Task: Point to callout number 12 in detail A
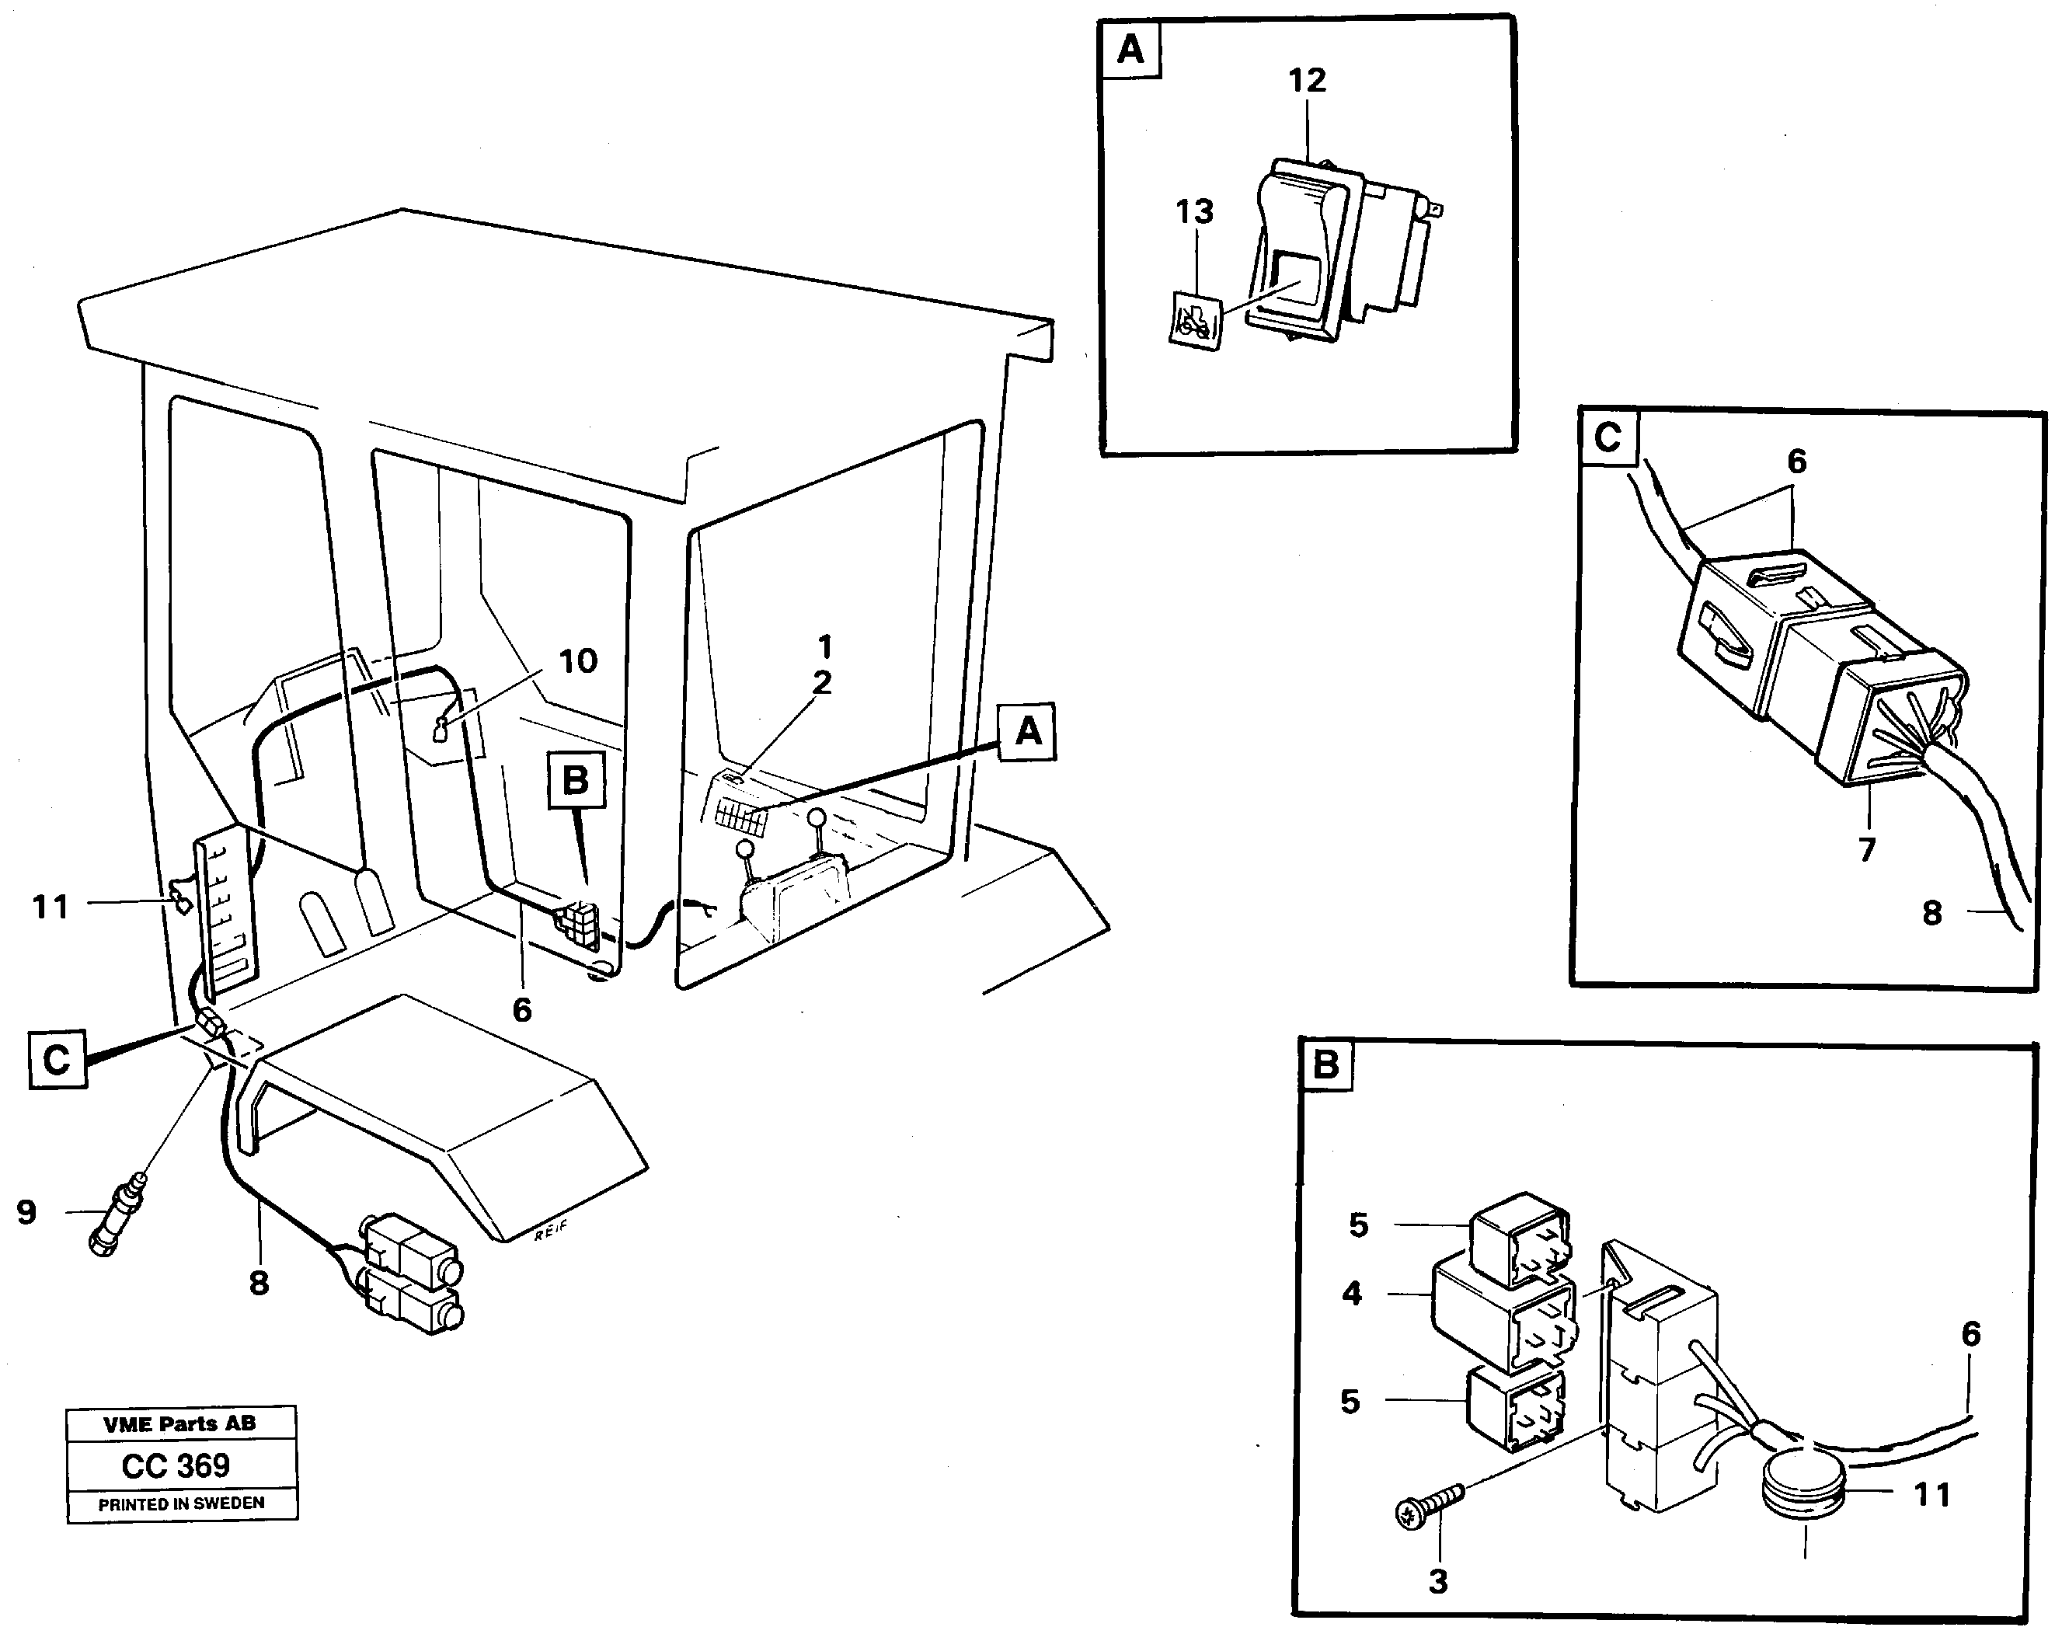(x=1307, y=80)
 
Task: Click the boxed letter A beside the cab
(x=1027, y=733)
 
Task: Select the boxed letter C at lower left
(x=57, y=1060)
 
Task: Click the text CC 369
(x=176, y=1465)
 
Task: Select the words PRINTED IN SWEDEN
(x=181, y=1503)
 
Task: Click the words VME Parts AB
(x=179, y=1424)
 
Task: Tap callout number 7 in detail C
(x=1867, y=849)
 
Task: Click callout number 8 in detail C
(x=1932, y=913)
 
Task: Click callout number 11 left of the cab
(x=51, y=907)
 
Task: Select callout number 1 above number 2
(x=824, y=647)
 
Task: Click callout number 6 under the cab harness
(x=522, y=1010)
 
